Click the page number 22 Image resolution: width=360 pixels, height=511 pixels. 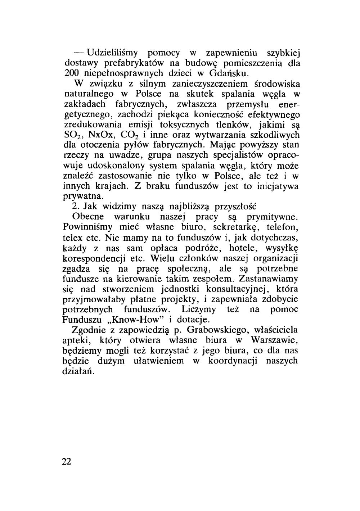67,462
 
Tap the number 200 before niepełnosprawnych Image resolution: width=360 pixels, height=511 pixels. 72,74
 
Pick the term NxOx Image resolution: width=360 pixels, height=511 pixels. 102,135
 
